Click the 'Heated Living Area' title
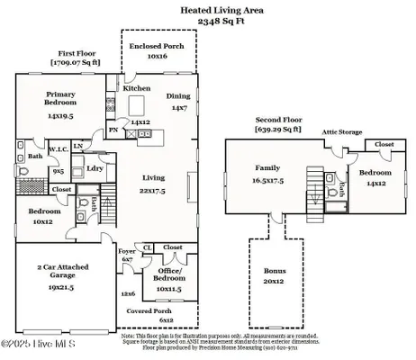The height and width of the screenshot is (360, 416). pyautogui.click(x=208, y=8)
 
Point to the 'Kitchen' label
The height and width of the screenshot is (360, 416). pyautogui.click(x=136, y=89)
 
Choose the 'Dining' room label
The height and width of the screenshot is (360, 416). pyautogui.click(x=177, y=95)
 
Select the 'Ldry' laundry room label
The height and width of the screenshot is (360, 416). pyautogui.click(x=94, y=168)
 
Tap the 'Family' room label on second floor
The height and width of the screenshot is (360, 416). pyautogui.click(x=267, y=168)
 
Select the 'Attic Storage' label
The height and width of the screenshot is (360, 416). pyautogui.click(x=343, y=132)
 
